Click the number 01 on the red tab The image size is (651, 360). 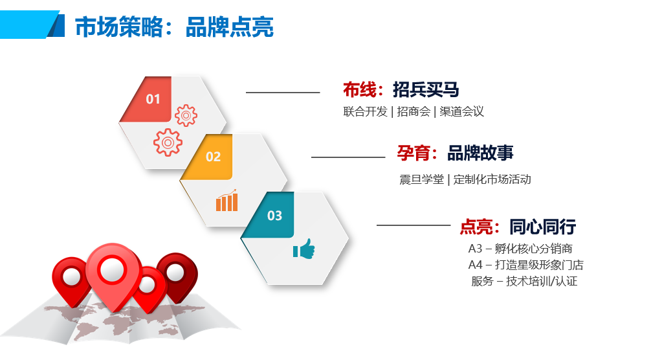point(153,99)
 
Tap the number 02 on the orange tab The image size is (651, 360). point(213,157)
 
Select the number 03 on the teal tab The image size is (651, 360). point(274,216)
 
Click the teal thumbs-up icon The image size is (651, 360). point(304,249)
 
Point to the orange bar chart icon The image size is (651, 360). point(226,200)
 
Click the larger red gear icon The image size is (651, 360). point(168,142)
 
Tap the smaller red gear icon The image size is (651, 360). point(186,115)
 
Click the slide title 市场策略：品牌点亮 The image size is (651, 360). point(174,27)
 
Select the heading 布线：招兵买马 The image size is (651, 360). point(401,90)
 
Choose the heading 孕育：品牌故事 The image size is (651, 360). point(455,153)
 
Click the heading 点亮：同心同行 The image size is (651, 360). point(518,227)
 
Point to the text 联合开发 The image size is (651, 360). point(365,112)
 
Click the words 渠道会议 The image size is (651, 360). point(461,112)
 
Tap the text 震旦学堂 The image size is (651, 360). point(421,179)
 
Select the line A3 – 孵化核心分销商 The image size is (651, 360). point(520,249)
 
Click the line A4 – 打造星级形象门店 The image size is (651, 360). point(525,265)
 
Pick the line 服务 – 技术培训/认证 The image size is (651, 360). point(524,281)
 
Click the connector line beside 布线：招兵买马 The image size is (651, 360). point(283,93)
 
